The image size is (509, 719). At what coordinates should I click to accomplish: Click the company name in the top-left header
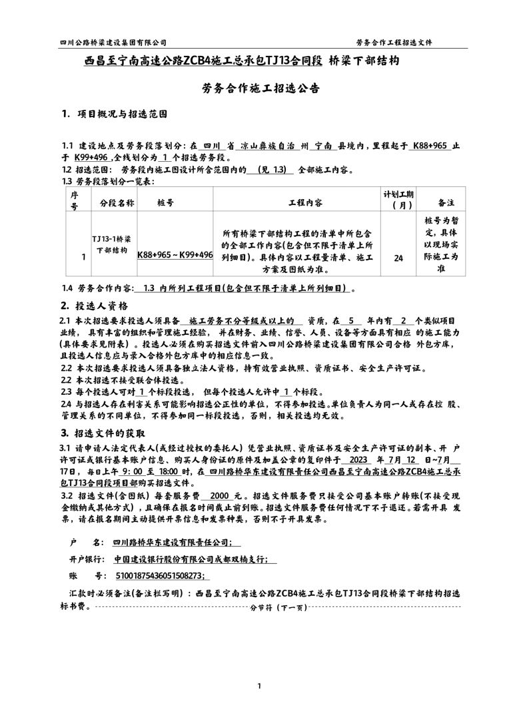(x=113, y=41)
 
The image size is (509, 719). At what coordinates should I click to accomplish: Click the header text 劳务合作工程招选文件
(x=394, y=41)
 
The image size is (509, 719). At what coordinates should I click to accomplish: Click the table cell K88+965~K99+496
(x=175, y=254)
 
